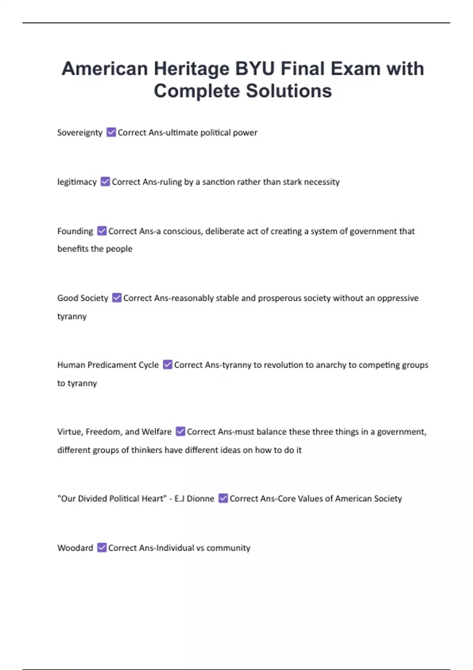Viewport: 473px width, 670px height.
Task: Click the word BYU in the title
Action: [255, 69]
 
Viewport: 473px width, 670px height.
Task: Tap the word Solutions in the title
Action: [289, 91]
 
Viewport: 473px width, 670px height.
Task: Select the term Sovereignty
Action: [80, 133]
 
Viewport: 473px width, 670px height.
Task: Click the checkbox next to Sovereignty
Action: [111, 132]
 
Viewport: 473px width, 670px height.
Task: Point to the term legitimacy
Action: [77, 182]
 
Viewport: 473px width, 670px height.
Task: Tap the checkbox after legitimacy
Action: [105, 181]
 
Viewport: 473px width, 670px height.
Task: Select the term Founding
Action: [75, 231]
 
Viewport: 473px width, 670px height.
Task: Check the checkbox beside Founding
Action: [102, 231]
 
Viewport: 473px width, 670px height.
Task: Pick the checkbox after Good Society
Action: [117, 298]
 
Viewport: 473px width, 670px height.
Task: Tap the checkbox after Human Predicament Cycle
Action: [168, 365]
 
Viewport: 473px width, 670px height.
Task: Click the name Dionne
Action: [200, 499]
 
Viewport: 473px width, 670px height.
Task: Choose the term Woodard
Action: [75, 548]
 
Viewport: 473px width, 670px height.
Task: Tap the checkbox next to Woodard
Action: [102, 547]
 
